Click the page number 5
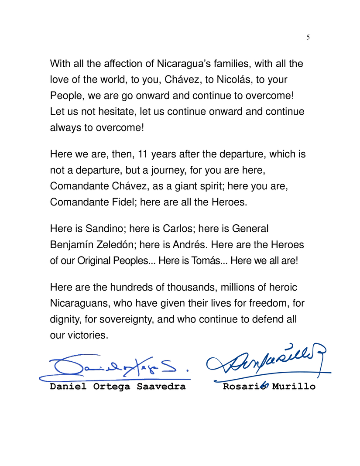pos(308,38)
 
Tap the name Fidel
pos(127,201)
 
